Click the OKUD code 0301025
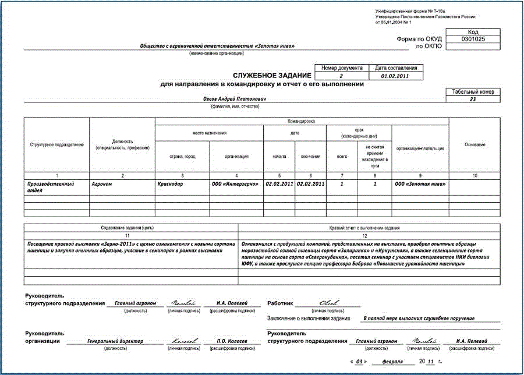click(x=473, y=40)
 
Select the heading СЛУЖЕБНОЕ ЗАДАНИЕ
click(x=272, y=76)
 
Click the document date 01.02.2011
click(x=395, y=76)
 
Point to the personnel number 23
click(x=473, y=100)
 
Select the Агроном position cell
click(x=105, y=184)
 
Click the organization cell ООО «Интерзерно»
click(x=235, y=184)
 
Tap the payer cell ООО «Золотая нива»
click(x=420, y=184)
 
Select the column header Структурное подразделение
click(x=57, y=144)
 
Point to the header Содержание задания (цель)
click(x=132, y=228)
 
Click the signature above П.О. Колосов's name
click(x=184, y=340)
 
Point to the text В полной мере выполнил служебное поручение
click(x=419, y=319)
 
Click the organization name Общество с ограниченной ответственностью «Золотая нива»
click(x=218, y=47)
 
